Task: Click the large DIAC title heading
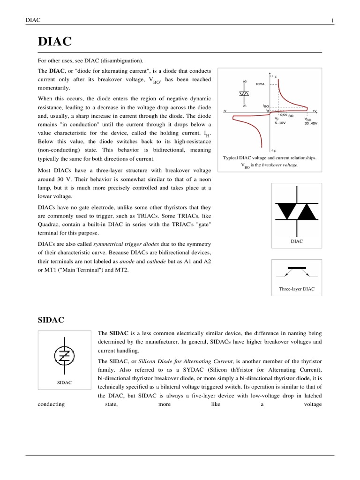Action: point(55,42)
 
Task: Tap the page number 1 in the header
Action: point(332,20)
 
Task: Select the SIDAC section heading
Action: point(51,320)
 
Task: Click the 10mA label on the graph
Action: point(260,84)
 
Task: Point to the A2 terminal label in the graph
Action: point(245,81)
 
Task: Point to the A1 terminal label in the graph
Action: point(245,105)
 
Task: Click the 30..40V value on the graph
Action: point(310,124)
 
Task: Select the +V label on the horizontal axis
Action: point(314,111)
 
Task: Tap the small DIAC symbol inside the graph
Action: point(245,94)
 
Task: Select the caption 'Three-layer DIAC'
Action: point(296,289)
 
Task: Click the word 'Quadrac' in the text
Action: point(49,224)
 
